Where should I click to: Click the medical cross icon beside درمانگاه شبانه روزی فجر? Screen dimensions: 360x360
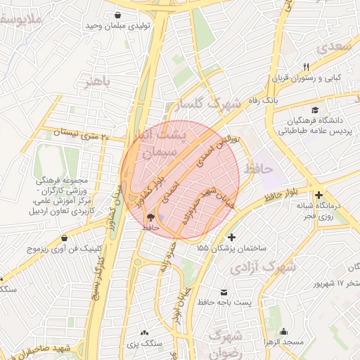319,195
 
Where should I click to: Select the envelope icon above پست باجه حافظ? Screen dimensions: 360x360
224,292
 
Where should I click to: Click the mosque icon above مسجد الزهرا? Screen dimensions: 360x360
284,331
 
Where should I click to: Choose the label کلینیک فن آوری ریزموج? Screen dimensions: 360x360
65,249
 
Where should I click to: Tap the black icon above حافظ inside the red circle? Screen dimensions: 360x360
151,217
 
